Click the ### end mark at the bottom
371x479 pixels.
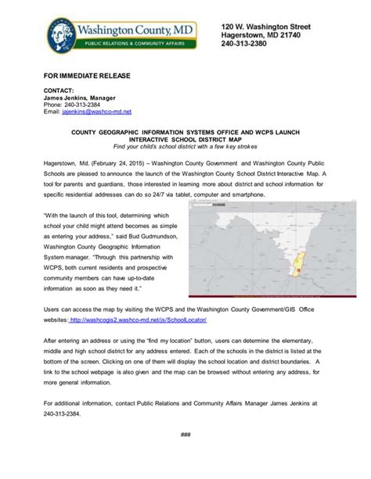186,434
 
